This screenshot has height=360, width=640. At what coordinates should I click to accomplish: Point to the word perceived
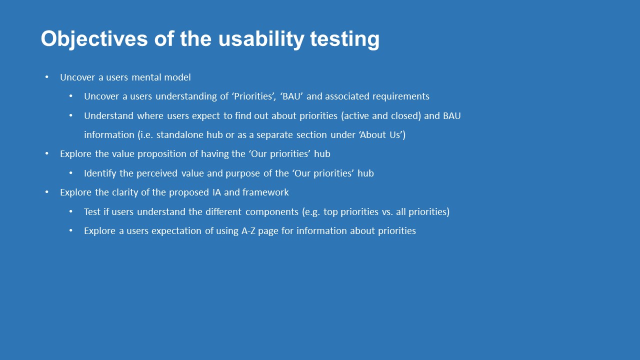pyautogui.click(x=157, y=173)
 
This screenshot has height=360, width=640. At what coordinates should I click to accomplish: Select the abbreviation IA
pyautogui.click(x=216, y=192)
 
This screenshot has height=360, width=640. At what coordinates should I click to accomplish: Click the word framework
pyautogui.click(x=265, y=192)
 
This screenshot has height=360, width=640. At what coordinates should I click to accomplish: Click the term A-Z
pyautogui.click(x=248, y=231)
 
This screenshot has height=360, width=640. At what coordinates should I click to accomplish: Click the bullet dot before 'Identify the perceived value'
pyautogui.click(x=71, y=173)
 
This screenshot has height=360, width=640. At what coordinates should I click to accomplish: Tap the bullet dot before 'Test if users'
pyautogui.click(x=71, y=211)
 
